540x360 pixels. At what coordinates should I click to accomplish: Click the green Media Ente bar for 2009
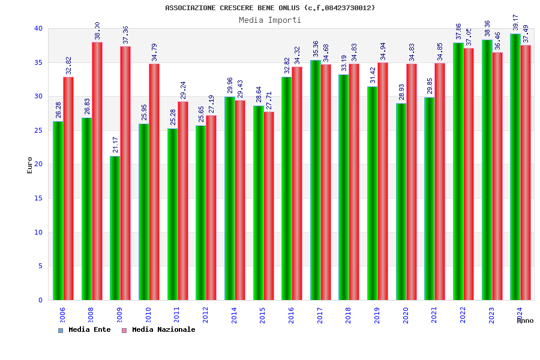(115, 228)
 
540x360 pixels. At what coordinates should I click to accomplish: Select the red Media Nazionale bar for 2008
(97, 171)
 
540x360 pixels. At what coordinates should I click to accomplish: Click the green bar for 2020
(401, 202)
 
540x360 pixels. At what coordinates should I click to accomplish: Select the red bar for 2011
(183, 200)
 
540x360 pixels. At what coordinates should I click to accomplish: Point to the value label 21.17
(115, 145)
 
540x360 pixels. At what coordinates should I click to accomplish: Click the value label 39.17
(515, 22)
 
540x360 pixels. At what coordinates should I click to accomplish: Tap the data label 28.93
(401, 92)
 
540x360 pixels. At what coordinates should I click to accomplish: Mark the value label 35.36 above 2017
(316, 49)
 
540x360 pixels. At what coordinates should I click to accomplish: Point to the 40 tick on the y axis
(38, 28)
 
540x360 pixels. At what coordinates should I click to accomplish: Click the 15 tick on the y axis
(38, 198)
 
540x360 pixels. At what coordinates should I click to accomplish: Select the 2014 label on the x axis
(235, 315)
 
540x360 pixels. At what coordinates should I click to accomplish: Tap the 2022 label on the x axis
(463, 315)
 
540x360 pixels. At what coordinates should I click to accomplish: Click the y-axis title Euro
(29, 165)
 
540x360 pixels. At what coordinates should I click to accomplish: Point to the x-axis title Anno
(525, 320)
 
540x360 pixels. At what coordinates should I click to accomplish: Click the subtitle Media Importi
(270, 20)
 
